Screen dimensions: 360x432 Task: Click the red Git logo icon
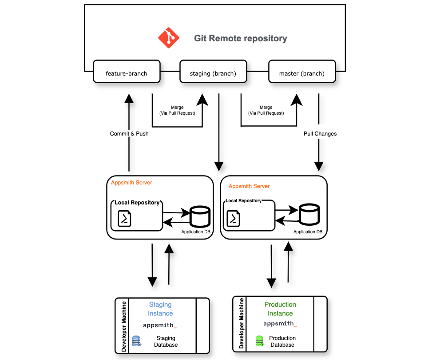coord(169,38)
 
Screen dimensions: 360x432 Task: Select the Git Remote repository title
coord(240,38)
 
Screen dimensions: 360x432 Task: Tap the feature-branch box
coord(127,73)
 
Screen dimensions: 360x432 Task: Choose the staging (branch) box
coord(213,73)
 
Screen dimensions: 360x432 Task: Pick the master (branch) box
coord(302,73)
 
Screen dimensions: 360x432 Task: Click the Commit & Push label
coord(129,133)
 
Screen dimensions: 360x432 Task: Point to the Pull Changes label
coord(320,133)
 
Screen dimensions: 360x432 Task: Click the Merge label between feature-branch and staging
coord(177,110)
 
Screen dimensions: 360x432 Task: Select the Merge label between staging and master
coord(266,110)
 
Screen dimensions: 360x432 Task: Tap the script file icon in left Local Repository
coord(124,218)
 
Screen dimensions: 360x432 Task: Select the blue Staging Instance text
coord(160,309)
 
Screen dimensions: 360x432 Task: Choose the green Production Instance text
coord(280,309)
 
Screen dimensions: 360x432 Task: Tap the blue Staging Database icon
coord(136,341)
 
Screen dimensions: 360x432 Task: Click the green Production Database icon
coord(260,341)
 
